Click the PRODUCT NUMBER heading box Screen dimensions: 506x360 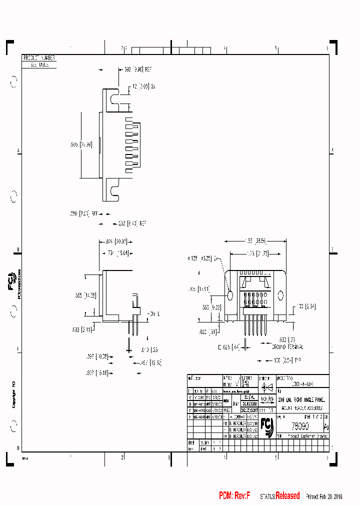39,58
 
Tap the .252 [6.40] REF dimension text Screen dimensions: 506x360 132,223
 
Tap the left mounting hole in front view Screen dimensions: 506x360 230,295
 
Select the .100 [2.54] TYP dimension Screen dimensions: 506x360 288,359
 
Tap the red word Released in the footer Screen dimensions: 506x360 287,496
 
